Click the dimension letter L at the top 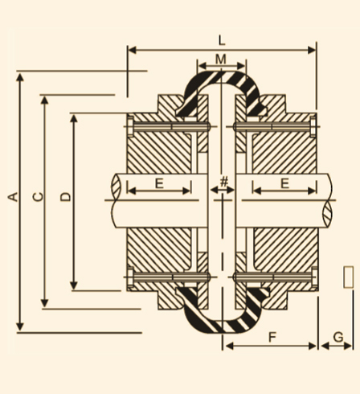click(x=222, y=41)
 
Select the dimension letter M click(x=221, y=60)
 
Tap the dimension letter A click(x=13, y=197)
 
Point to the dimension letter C click(x=38, y=197)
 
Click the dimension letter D click(x=66, y=197)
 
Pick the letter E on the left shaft click(x=159, y=184)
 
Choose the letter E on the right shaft click(x=284, y=184)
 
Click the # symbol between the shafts click(x=223, y=182)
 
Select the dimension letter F click(x=272, y=337)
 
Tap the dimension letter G click(x=338, y=337)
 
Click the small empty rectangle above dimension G click(x=348, y=277)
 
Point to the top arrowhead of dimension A click(x=20, y=77)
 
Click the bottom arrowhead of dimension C click(x=44, y=303)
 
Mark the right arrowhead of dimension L click(x=312, y=50)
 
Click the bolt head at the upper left click(x=130, y=126)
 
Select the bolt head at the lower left click(x=130, y=277)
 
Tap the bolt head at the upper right click(x=313, y=126)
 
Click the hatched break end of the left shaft click(x=117, y=187)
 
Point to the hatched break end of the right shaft click(x=327, y=214)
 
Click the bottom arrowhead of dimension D click(x=74, y=285)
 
